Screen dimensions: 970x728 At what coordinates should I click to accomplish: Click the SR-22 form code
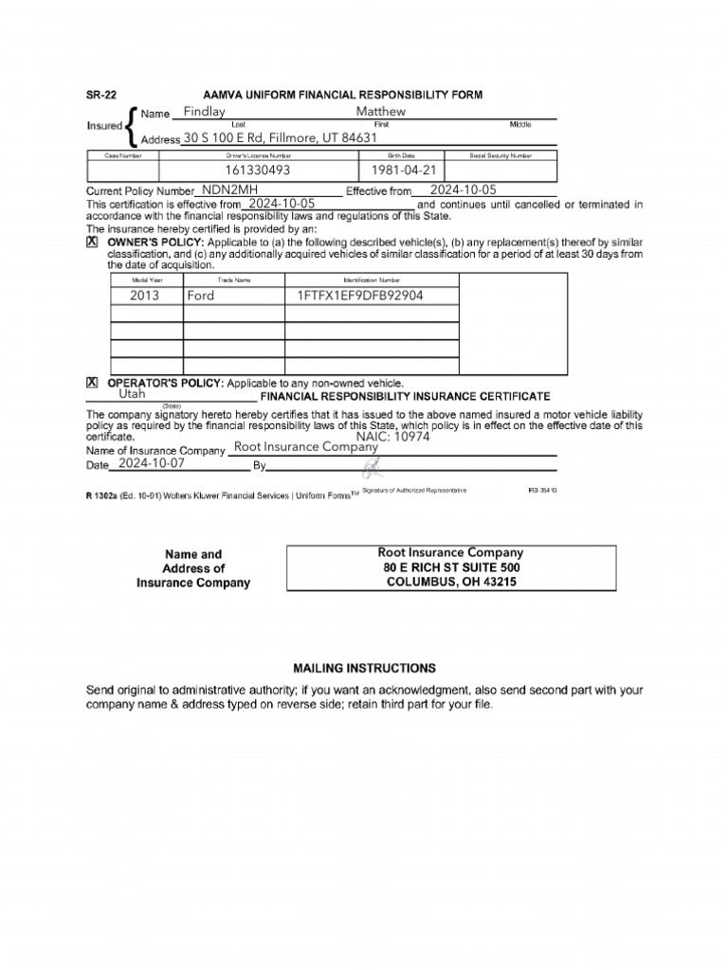click(x=101, y=95)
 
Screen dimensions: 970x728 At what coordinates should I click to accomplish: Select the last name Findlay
click(x=204, y=112)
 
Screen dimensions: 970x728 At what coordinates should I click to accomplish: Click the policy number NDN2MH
click(x=230, y=189)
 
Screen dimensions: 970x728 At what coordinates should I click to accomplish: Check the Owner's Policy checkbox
click(x=92, y=242)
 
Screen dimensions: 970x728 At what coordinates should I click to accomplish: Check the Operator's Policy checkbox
click(x=92, y=383)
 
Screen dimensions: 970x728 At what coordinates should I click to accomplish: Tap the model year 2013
click(x=145, y=296)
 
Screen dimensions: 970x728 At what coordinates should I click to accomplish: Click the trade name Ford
click(x=201, y=296)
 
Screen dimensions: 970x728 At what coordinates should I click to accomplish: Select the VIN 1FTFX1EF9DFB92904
click(x=360, y=296)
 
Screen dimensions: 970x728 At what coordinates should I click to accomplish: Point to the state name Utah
click(x=133, y=394)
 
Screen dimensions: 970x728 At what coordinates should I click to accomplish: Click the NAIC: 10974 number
click(x=392, y=437)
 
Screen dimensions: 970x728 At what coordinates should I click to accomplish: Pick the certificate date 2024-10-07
click(x=152, y=464)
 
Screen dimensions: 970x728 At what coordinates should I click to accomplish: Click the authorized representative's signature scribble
click(x=372, y=466)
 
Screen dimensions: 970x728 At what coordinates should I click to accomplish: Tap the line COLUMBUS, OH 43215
click(x=451, y=583)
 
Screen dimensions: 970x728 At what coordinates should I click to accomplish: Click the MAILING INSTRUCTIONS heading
click(x=364, y=668)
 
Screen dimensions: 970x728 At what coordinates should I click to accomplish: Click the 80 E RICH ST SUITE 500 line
click(x=451, y=567)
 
